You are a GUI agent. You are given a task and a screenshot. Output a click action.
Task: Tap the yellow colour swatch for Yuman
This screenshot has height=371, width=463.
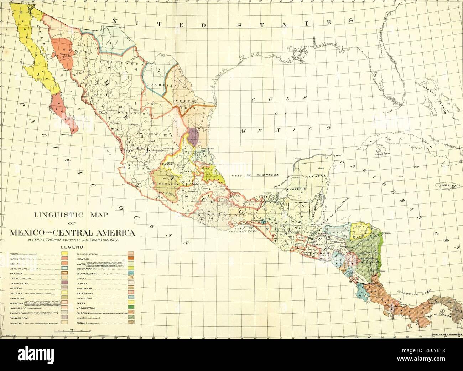click(65, 254)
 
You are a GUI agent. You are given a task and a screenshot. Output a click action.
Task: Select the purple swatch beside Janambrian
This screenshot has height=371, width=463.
click(65, 282)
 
